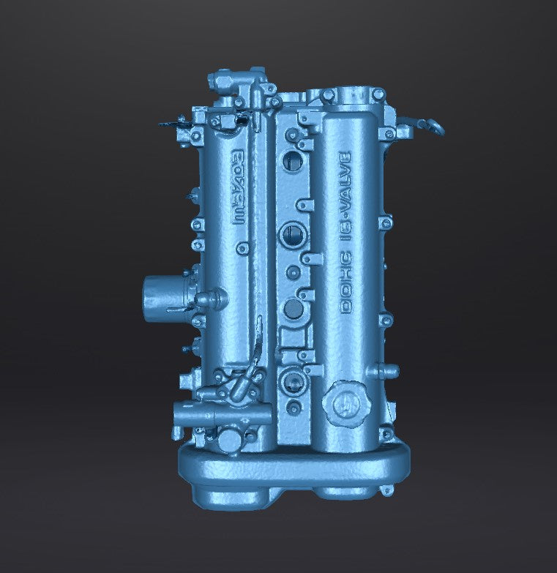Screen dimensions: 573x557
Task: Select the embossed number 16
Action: pyautogui.click(x=346, y=233)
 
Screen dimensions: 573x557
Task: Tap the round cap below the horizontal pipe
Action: pyautogui.click(x=226, y=441)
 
